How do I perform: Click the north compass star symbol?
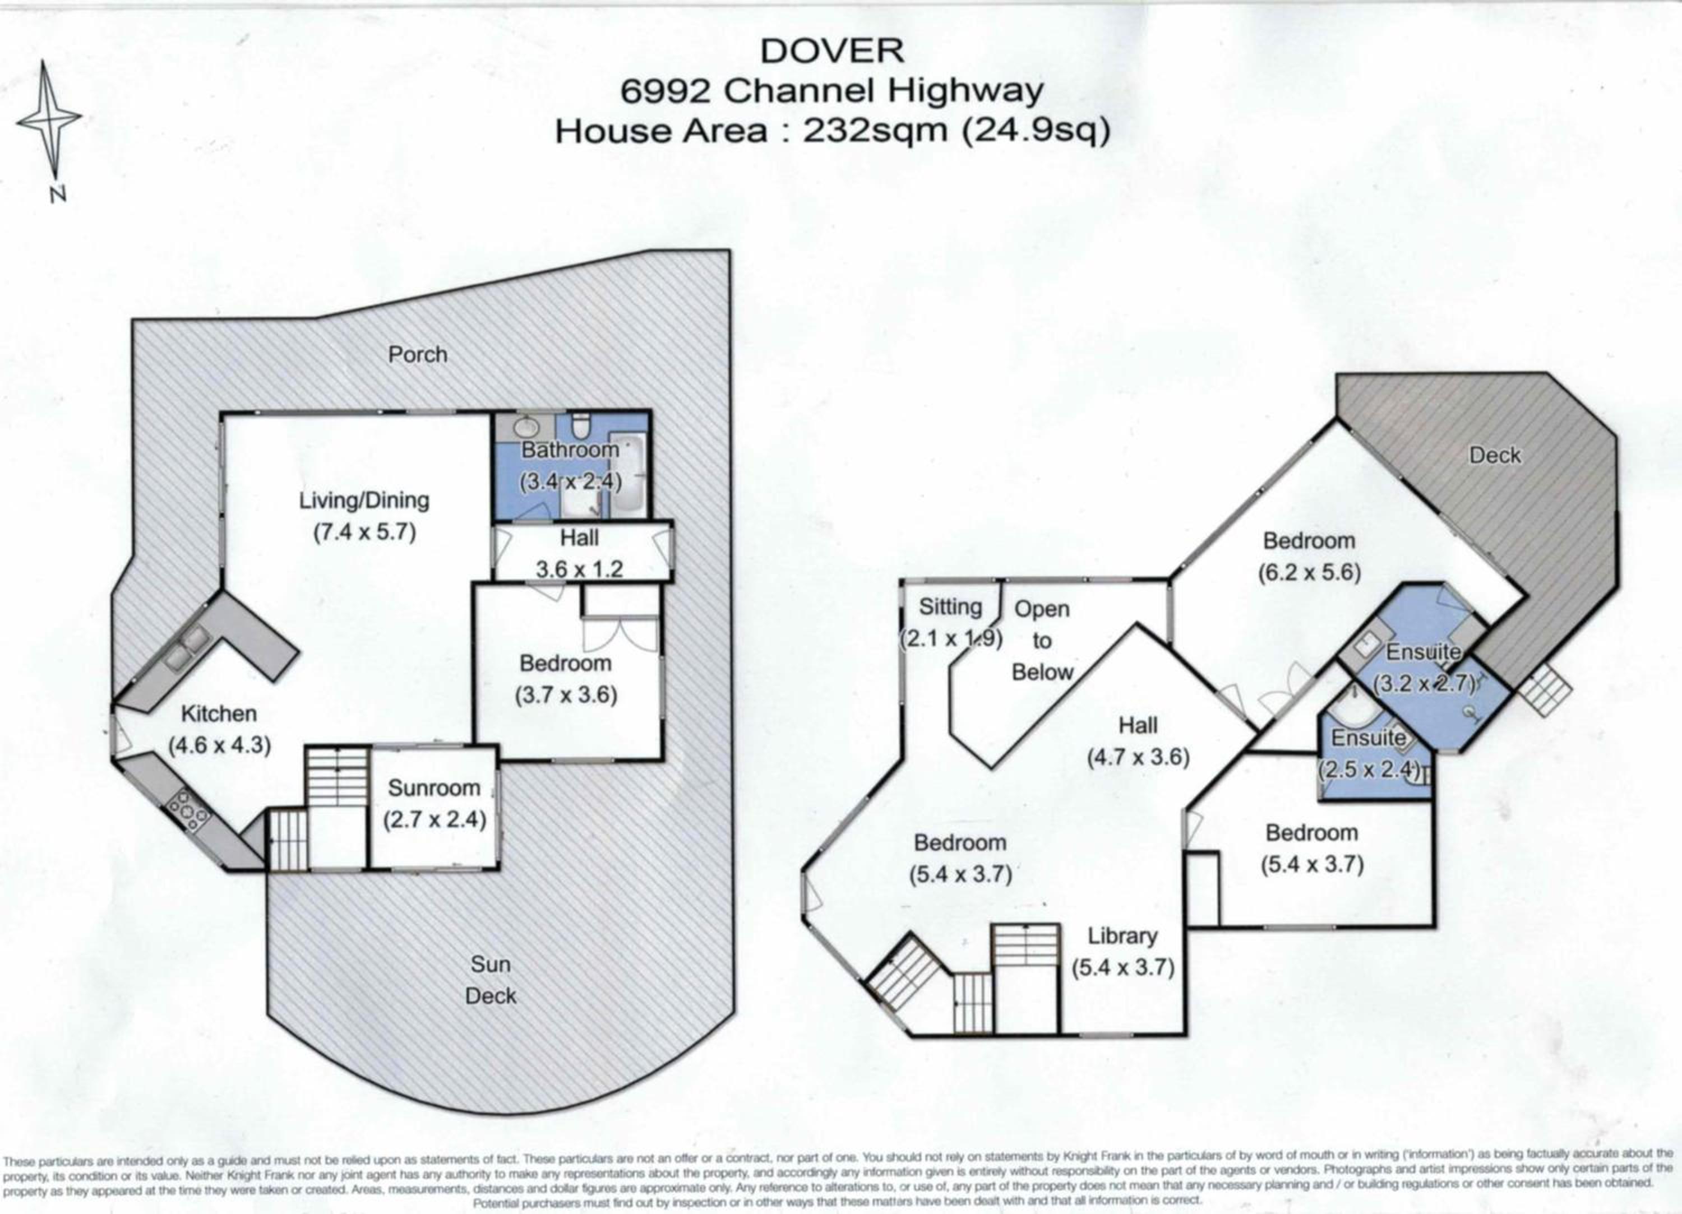49,119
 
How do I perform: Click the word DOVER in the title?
832,50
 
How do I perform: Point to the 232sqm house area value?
876,131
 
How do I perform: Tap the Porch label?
418,354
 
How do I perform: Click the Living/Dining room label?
363,501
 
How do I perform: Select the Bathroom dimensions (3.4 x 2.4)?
570,481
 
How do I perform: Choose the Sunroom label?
434,787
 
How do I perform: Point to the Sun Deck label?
490,980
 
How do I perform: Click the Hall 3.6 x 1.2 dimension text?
579,569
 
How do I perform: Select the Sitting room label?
950,606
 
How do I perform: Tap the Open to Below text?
1042,641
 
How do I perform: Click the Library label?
1122,936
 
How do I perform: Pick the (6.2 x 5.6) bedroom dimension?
1309,572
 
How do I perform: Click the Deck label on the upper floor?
1494,455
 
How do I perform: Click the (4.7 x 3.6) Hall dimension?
1138,757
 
